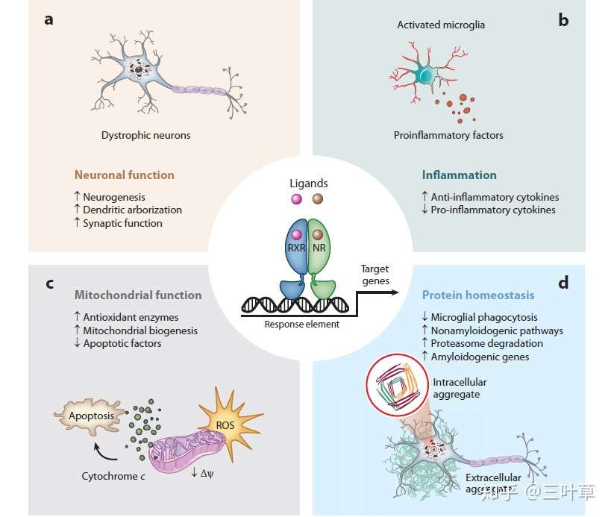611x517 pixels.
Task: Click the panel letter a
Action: pyautogui.click(x=48, y=19)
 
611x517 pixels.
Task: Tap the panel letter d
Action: pyautogui.click(x=563, y=282)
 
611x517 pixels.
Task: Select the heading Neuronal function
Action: pyautogui.click(x=125, y=175)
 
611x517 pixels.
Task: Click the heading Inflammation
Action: pyautogui.click(x=460, y=175)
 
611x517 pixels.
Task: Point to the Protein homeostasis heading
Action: pyautogui.click(x=478, y=295)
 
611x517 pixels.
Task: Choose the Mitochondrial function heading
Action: pyautogui.click(x=138, y=295)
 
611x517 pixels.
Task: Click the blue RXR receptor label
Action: pyautogui.click(x=296, y=248)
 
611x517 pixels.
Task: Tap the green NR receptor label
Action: pyautogui.click(x=319, y=248)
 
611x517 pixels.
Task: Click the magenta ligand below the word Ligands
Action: pyautogui.click(x=296, y=199)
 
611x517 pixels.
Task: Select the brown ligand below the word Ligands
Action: pyautogui.click(x=318, y=199)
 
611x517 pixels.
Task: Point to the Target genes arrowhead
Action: pyautogui.click(x=395, y=292)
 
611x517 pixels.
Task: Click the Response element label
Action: pyautogui.click(x=302, y=324)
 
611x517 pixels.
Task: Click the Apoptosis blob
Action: pyautogui.click(x=91, y=416)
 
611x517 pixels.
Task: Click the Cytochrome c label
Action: pyautogui.click(x=113, y=476)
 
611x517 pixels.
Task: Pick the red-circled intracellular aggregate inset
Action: pyautogui.click(x=398, y=384)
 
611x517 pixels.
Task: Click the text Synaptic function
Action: pyautogui.click(x=122, y=223)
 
